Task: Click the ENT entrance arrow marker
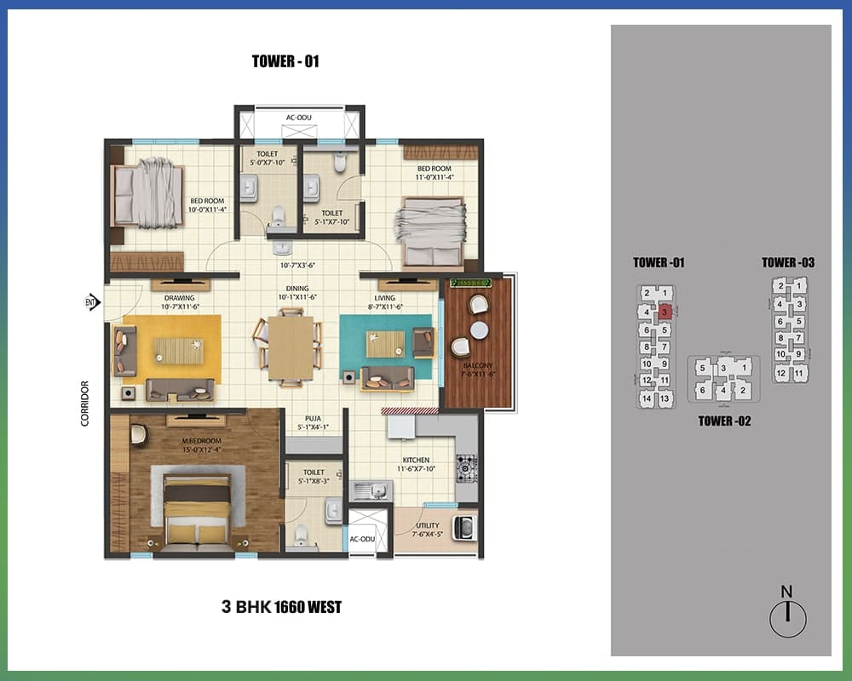pos(93,302)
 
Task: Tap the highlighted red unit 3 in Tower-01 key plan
pos(665,312)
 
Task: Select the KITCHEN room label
pos(417,460)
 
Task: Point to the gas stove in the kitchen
pos(466,468)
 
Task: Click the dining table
pos(291,347)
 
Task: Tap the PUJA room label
pos(313,419)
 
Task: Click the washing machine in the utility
pos(464,527)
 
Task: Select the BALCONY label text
pos(478,365)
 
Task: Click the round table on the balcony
pos(479,330)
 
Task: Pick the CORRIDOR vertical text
pos(84,403)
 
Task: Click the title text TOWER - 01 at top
pos(285,61)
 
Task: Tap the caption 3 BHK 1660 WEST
pos(281,607)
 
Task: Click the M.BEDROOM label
pos(202,441)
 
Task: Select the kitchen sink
pos(371,491)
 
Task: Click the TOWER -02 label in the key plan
pos(724,421)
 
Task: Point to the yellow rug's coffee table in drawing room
pos(179,351)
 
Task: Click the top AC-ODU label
pos(299,117)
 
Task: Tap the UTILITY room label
pos(428,526)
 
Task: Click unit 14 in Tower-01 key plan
pos(647,398)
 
